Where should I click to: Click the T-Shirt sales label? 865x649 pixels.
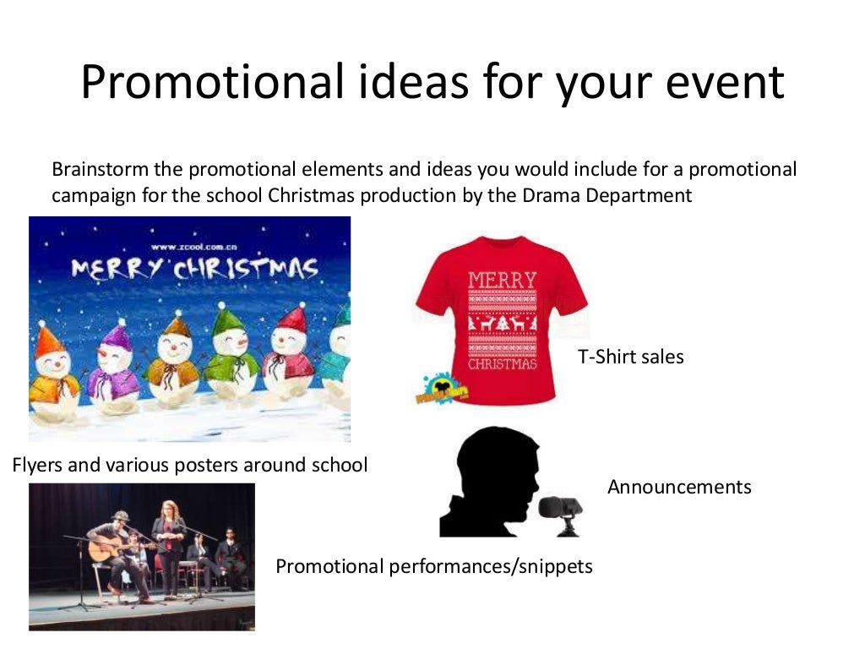[x=630, y=357]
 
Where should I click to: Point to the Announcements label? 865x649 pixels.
[x=678, y=487]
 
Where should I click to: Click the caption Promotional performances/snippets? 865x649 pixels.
[x=433, y=566]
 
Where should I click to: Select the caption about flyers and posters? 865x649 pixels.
[x=190, y=465]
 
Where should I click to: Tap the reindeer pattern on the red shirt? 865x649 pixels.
[x=502, y=323]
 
